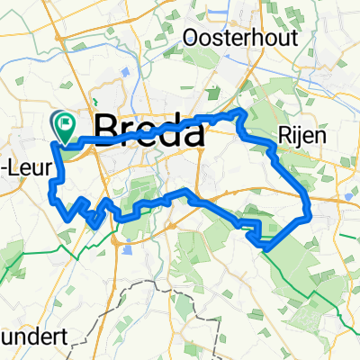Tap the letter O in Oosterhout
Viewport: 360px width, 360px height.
pos(192,37)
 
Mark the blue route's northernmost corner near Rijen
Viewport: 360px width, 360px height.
pos(239,111)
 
